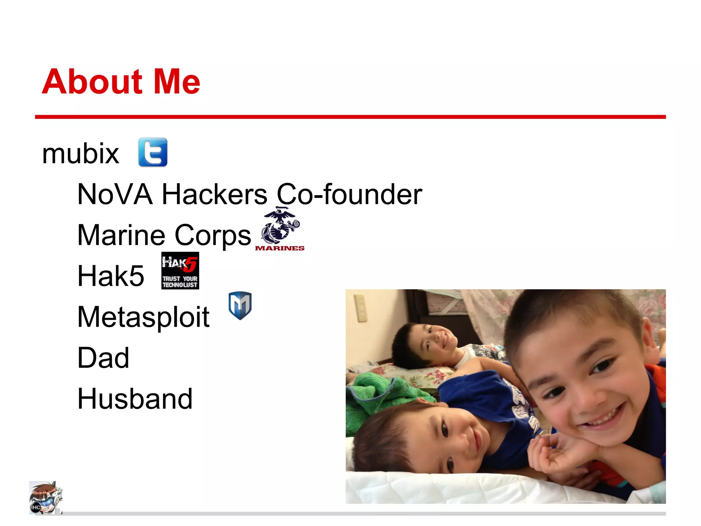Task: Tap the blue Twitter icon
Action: point(153,152)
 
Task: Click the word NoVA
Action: point(115,194)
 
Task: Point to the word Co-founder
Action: point(349,194)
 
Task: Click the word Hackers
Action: point(214,194)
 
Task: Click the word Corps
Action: point(213,235)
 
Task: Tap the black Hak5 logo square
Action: point(180,271)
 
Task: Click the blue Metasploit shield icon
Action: point(240,305)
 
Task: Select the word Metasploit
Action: point(143,317)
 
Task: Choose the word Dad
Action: point(103,358)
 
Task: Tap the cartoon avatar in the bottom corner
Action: point(45,498)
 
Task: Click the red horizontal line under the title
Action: point(350,117)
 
